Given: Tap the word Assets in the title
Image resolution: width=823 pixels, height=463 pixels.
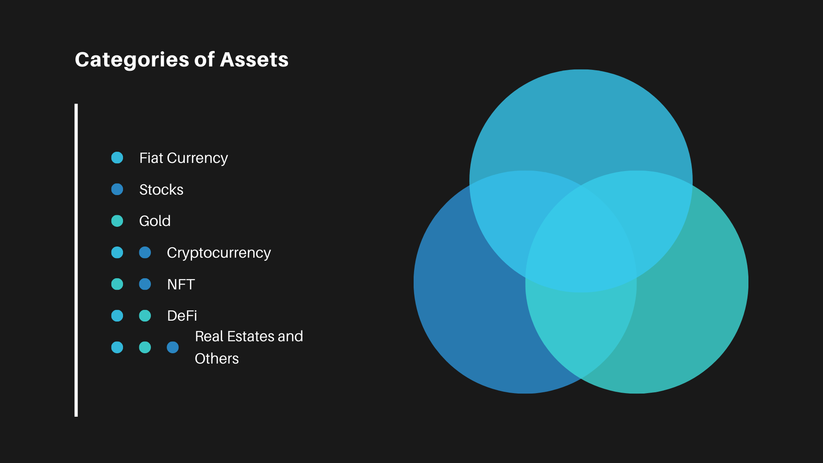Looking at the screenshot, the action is (254, 60).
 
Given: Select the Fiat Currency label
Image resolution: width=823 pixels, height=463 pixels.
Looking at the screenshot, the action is (183, 158).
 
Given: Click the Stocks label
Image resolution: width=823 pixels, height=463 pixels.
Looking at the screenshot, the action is (161, 189).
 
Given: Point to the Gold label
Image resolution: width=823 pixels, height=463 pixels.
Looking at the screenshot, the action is (155, 221).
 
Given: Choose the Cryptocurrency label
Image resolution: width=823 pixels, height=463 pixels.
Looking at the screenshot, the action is (219, 253).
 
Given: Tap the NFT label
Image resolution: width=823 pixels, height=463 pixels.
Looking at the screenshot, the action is (181, 284).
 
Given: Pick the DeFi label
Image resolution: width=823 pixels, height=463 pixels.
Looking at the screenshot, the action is (182, 316).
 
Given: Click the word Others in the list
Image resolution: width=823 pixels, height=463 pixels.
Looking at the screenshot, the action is (216, 358).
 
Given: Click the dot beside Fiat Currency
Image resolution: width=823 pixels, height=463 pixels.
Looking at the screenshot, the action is (117, 158).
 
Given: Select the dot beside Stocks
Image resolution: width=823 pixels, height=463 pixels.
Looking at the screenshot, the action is (117, 189).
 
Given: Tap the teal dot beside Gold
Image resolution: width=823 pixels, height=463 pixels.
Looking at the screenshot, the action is (117, 221).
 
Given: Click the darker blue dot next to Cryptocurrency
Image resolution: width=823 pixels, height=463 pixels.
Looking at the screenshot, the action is (145, 253).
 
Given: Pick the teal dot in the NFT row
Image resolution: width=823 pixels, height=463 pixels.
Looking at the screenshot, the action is (117, 284).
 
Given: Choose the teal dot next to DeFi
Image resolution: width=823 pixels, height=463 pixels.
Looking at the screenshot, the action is (145, 316).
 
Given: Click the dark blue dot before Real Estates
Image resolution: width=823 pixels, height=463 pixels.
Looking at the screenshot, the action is (173, 347).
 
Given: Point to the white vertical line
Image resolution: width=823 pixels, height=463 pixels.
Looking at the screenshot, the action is (76, 260).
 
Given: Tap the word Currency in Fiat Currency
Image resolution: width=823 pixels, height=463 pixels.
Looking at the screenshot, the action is (197, 158).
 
